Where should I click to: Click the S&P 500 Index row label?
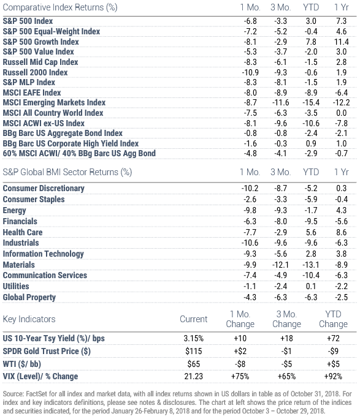pyautogui.click(x=28, y=21)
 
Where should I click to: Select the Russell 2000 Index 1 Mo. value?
pyautogui.click(x=250, y=72)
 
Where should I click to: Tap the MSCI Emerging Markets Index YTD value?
pyautogui.click(x=311, y=103)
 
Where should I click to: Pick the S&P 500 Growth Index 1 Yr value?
pyautogui.click(x=341, y=42)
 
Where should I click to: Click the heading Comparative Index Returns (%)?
pyautogui.click(x=60, y=7)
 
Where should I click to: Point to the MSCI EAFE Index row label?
pyautogui.click(x=32, y=92)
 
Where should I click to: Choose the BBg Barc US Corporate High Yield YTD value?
pyautogui.click(x=311, y=143)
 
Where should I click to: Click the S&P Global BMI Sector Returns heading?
pyautogui.click(x=67, y=172)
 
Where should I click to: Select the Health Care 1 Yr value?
pyautogui.click(x=341, y=232)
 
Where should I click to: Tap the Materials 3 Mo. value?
pyautogui.click(x=280, y=265)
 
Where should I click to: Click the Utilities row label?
pyautogui.click(x=16, y=287)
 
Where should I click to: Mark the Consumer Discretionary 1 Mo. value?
pyautogui.click(x=250, y=189)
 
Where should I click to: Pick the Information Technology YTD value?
pyautogui.click(x=311, y=254)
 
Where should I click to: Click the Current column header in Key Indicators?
pyautogui.click(x=193, y=319)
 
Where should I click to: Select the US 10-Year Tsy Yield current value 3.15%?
pyautogui.click(x=193, y=338)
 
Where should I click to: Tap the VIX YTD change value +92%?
pyautogui.click(x=333, y=377)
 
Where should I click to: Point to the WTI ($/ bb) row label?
pyautogui.click(x=21, y=364)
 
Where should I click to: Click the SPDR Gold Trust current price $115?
pyautogui.click(x=193, y=351)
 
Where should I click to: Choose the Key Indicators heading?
pyautogui.click(x=29, y=319)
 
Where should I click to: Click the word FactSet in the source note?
pyautogui.click(x=36, y=394)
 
